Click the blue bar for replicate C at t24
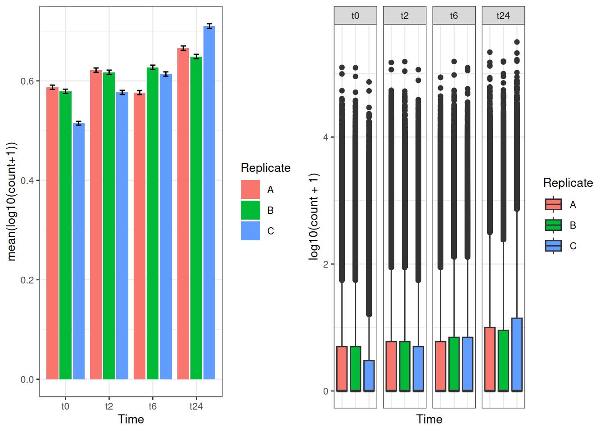pos(209,202)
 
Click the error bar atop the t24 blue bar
pos(209,27)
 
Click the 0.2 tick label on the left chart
pos(27,280)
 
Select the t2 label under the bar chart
pos(109,406)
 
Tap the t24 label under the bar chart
pos(196,406)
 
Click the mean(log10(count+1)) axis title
pos(12,202)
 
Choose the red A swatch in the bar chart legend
pos(251,189)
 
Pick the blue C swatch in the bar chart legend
pos(251,231)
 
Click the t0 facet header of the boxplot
pos(355,16)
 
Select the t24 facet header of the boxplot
pos(503,16)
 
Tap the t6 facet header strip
pos(454,16)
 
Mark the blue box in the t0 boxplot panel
pos(369,376)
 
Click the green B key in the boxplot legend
pos(553,225)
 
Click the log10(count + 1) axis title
pos(314,216)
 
